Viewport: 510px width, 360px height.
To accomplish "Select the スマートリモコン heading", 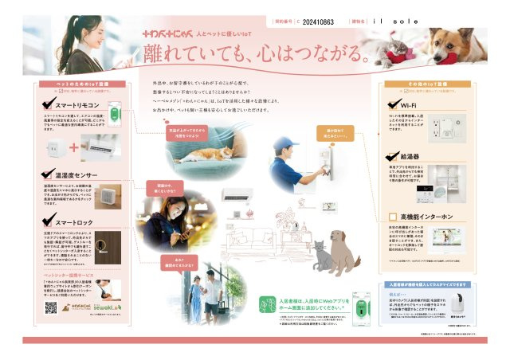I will [77, 104].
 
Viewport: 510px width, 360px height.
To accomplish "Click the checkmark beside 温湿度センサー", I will [49, 173].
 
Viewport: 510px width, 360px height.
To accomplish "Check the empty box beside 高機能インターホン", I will [392, 217].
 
